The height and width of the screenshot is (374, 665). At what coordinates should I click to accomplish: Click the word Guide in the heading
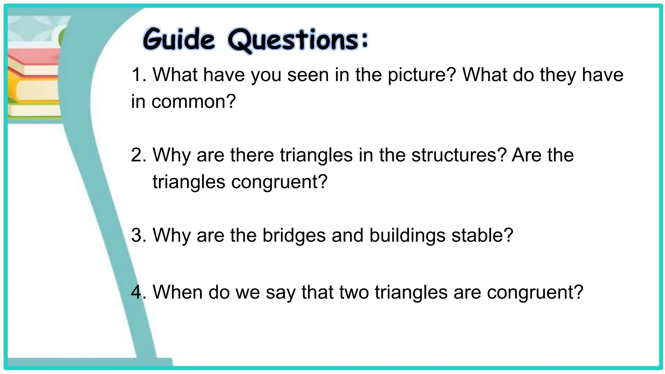(179, 40)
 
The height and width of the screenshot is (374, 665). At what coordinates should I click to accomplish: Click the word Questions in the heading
(294, 40)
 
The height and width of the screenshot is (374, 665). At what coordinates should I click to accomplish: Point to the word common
(193, 102)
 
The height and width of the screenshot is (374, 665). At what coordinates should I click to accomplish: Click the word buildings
(407, 236)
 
